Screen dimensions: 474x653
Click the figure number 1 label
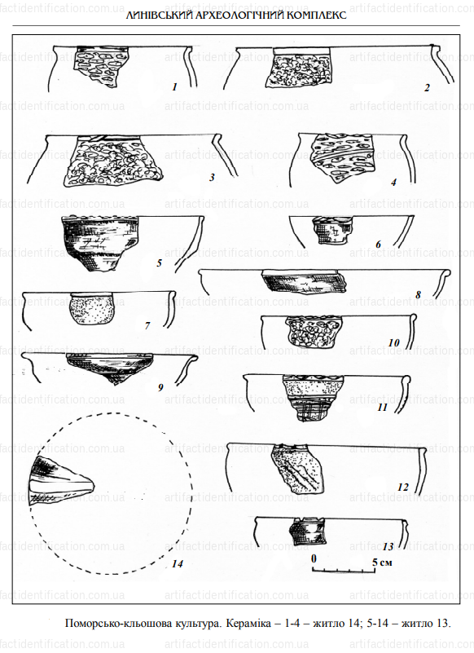click(174, 87)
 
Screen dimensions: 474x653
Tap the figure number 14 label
click(178, 564)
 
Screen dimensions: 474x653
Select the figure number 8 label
click(418, 295)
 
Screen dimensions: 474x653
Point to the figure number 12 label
click(403, 487)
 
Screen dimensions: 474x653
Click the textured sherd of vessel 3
click(112, 161)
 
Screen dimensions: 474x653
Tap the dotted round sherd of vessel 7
click(90, 309)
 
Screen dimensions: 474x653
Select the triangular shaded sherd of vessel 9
click(110, 367)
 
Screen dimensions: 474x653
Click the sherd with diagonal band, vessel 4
click(342, 157)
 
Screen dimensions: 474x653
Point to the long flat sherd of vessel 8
click(304, 280)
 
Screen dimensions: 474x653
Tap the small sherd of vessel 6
click(331, 230)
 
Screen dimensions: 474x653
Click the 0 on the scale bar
click(314, 558)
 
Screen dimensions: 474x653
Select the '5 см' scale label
click(382, 563)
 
